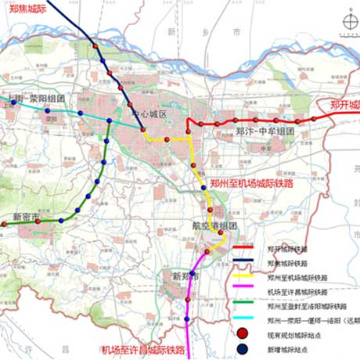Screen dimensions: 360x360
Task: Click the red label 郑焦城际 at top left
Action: pos(28,11)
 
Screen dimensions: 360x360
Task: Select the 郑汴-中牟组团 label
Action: pos(265,132)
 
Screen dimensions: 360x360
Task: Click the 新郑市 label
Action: pos(185,276)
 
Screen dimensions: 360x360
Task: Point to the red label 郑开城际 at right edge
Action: pos(344,104)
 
